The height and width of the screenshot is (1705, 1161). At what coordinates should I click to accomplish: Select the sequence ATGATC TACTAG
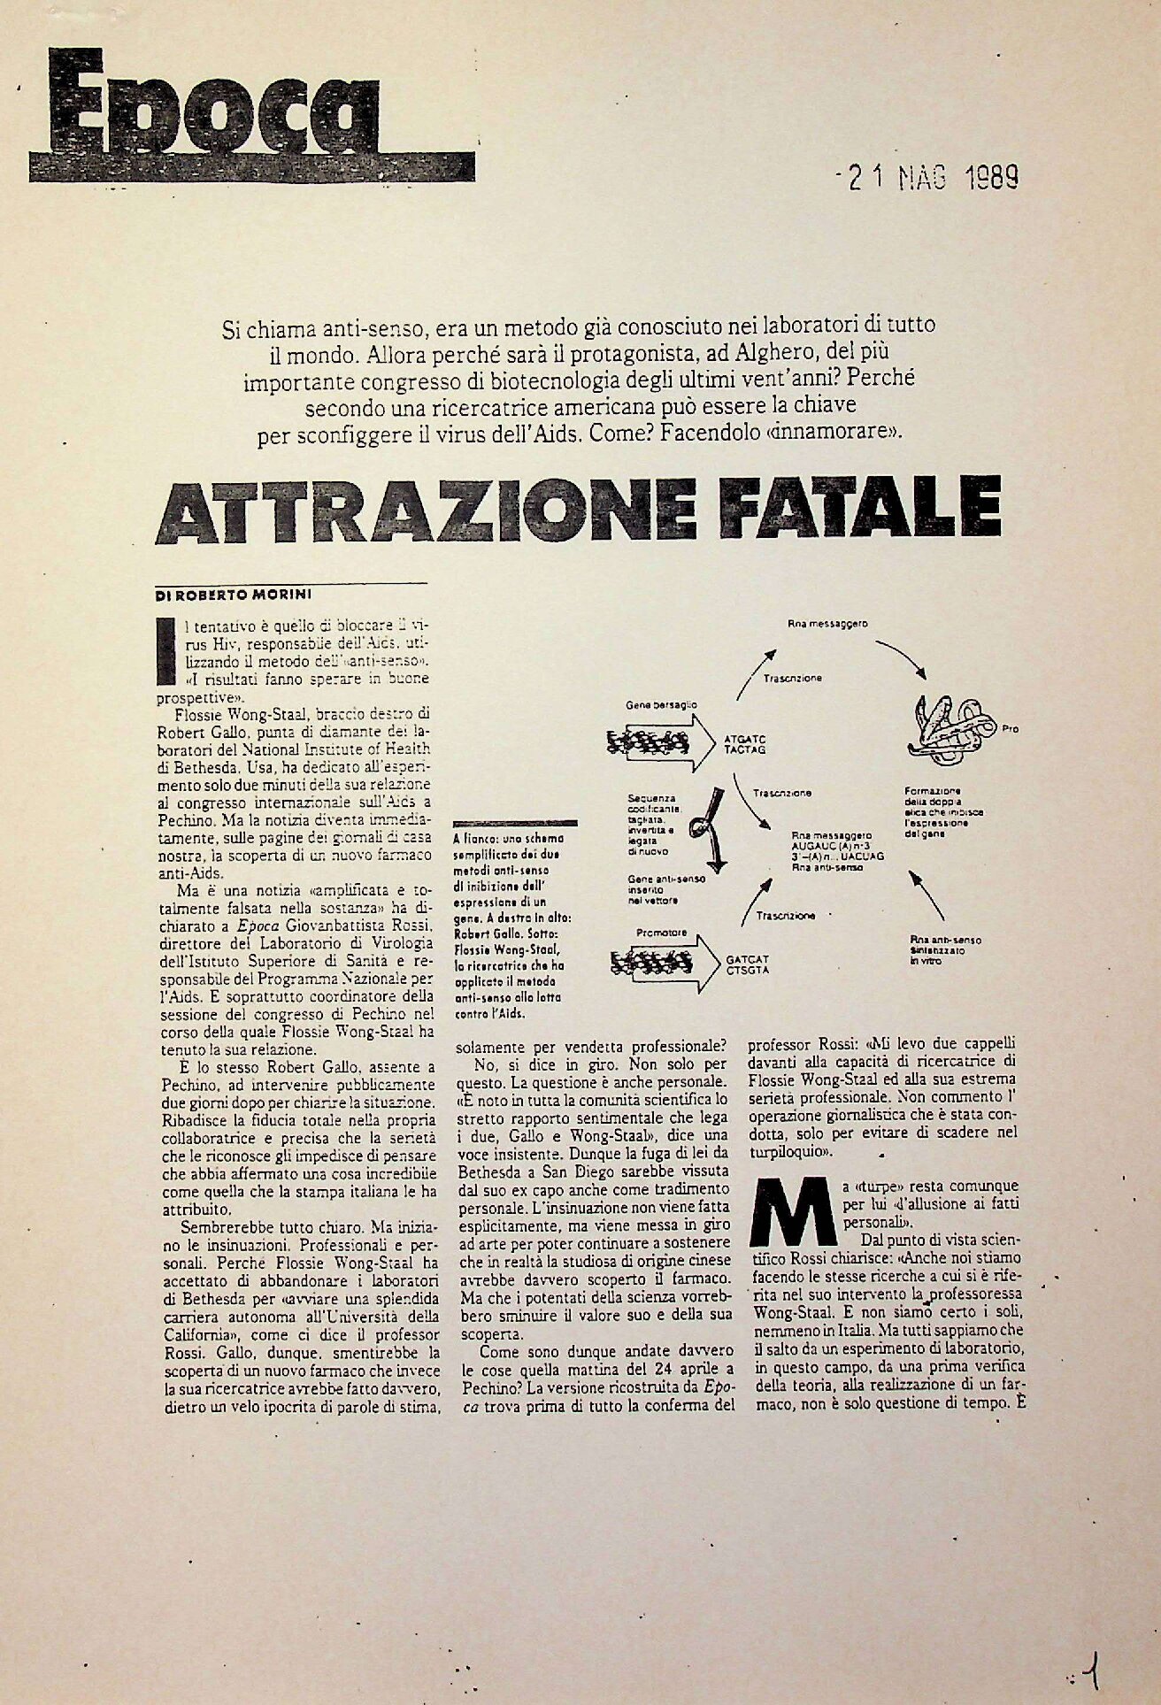(744, 742)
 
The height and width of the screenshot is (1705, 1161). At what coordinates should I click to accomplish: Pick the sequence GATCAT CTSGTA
(748, 964)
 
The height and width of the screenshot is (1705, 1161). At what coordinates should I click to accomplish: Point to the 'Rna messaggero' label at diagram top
(827, 624)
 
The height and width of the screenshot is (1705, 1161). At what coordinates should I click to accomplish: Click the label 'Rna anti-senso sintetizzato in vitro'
(944, 949)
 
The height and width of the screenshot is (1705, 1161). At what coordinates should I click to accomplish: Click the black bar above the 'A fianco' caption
(514, 823)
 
